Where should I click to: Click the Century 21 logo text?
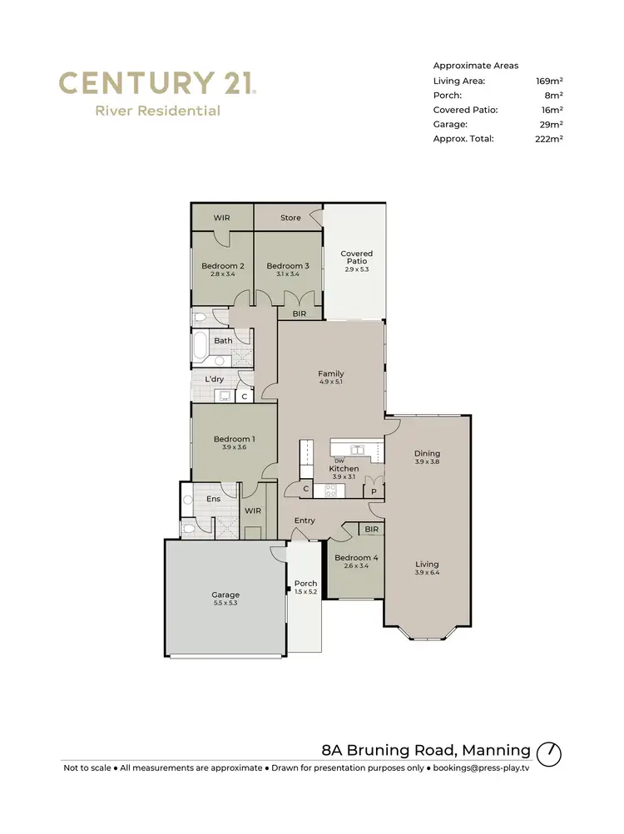pyautogui.click(x=157, y=84)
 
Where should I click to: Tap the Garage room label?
pyautogui.click(x=225, y=595)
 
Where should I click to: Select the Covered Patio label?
pyautogui.click(x=356, y=258)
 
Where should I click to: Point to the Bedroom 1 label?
pyautogui.click(x=234, y=439)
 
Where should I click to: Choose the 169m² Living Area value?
pyautogui.click(x=549, y=81)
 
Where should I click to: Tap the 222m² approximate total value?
pyautogui.click(x=549, y=139)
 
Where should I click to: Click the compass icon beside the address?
pyautogui.click(x=549, y=753)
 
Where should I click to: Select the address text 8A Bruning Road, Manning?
pyautogui.click(x=426, y=749)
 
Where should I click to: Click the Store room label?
pyautogui.click(x=290, y=218)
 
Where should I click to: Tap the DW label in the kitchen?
pyautogui.click(x=339, y=461)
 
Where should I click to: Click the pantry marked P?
pyautogui.click(x=374, y=491)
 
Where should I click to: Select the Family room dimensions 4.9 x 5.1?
pyautogui.click(x=330, y=383)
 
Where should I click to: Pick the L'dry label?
pyautogui.click(x=214, y=379)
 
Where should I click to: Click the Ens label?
pyautogui.click(x=213, y=499)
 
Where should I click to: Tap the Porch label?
pyautogui.click(x=305, y=584)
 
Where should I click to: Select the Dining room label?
pyautogui.click(x=427, y=453)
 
